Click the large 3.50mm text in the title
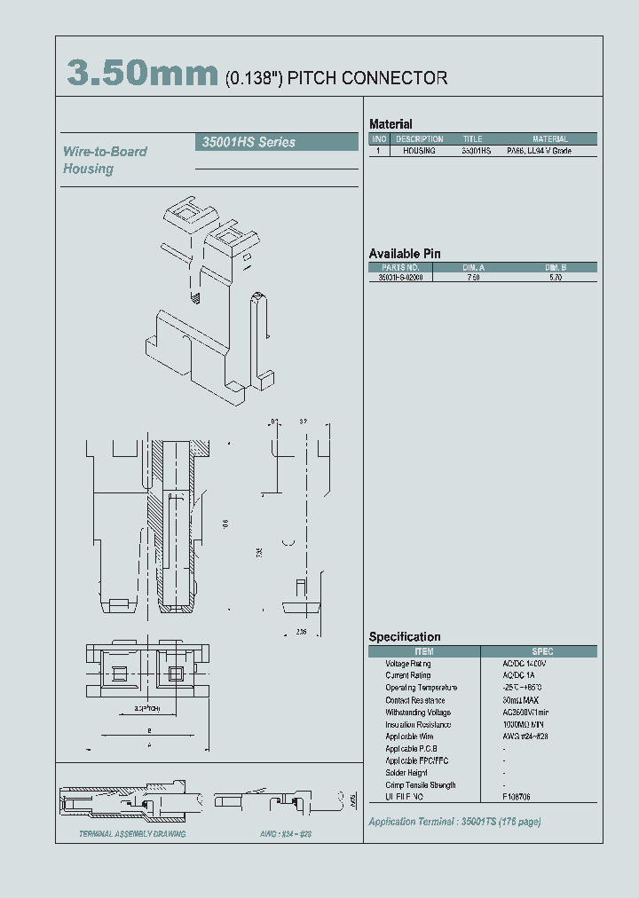142,75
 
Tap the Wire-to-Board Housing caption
104,160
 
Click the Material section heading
390,124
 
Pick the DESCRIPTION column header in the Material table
419,139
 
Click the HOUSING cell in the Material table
419,152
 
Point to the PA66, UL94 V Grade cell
539,152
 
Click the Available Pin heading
404,254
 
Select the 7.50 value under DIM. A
473,278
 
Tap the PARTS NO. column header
400,267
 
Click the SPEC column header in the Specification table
541,651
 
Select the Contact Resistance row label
421,700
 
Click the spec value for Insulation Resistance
521,724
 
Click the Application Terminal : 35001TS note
454,821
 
